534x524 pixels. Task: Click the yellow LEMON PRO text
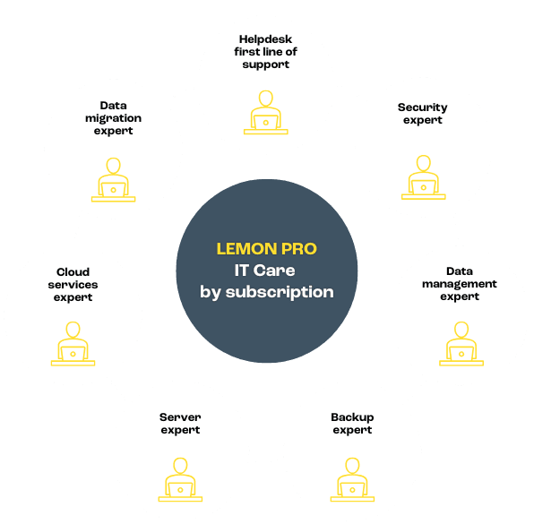coord(267,249)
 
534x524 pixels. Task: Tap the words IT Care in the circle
coord(264,271)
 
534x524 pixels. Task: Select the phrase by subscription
coord(267,293)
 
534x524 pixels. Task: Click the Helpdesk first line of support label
coord(265,52)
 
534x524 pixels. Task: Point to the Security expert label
coord(423,114)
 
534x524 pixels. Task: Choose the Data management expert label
coord(460,284)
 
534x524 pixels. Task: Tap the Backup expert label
coord(352,424)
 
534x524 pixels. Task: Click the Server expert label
coord(180,424)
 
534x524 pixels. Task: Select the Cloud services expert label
coord(73,285)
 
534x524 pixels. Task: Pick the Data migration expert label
coord(114,118)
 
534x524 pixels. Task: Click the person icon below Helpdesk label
coord(265,112)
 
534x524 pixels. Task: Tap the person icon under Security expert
coord(423,177)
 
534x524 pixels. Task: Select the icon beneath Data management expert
coord(461,344)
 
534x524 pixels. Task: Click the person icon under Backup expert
coord(352,480)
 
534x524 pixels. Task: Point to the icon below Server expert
coord(180,480)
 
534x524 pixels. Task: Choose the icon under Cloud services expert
coord(73,344)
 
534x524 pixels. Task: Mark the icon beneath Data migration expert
coord(114,180)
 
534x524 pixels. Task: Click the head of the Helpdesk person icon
coord(265,99)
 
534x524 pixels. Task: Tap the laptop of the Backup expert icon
coord(352,490)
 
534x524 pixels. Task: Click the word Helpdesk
coord(265,39)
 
